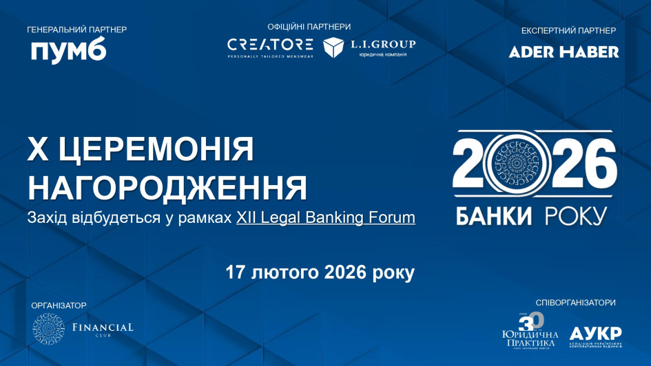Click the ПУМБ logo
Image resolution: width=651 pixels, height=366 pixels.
click(x=68, y=51)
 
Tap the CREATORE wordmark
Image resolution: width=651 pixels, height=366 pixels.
click(x=270, y=45)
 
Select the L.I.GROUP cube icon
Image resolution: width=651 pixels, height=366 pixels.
click(x=333, y=47)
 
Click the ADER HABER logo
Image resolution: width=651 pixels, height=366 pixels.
click(x=564, y=52)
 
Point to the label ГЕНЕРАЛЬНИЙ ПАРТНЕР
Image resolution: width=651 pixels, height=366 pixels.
click(x=76, y=30)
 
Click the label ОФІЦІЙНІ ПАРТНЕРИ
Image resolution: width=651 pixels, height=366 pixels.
click(x=309, y=27)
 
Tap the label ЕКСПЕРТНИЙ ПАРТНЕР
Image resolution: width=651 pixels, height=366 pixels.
click(x=568, y=30)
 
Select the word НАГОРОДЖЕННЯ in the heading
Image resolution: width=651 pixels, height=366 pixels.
click(x=167, y=187)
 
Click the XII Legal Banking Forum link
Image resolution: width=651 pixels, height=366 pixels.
click(x=326, y=217)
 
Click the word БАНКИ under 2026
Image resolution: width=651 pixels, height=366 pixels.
click(x=494, y=216)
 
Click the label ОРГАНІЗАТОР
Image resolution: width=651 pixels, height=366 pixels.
click(x=59, y=305)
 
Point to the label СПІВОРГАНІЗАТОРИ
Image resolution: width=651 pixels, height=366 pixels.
click(x=575, y=303)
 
